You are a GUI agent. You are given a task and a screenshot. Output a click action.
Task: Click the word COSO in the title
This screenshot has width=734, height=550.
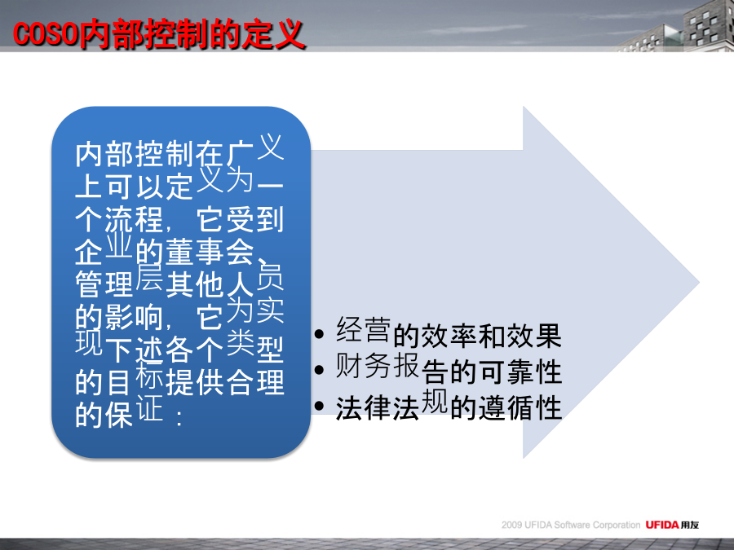[46, 33]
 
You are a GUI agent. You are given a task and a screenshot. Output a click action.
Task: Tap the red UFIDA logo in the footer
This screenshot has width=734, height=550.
[662, 525]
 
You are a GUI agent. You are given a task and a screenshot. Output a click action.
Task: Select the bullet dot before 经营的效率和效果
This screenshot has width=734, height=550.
[319, 334]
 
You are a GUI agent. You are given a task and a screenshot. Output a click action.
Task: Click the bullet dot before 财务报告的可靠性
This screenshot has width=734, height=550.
[319, 370]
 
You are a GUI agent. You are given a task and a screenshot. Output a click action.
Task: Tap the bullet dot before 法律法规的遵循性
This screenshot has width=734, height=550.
[319, 406]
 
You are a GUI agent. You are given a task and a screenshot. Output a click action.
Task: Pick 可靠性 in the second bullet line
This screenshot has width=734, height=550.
[520, 372]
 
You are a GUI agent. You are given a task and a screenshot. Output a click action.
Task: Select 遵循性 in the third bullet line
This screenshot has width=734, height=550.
[520, 407]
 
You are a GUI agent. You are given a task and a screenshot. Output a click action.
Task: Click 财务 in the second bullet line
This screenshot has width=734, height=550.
[364, 366]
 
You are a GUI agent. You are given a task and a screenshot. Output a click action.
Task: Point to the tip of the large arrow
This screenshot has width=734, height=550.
[699, 283]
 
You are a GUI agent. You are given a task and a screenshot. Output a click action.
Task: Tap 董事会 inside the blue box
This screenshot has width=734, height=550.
[210, 252]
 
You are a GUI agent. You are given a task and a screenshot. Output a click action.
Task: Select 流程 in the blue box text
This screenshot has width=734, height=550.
[134, 219]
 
